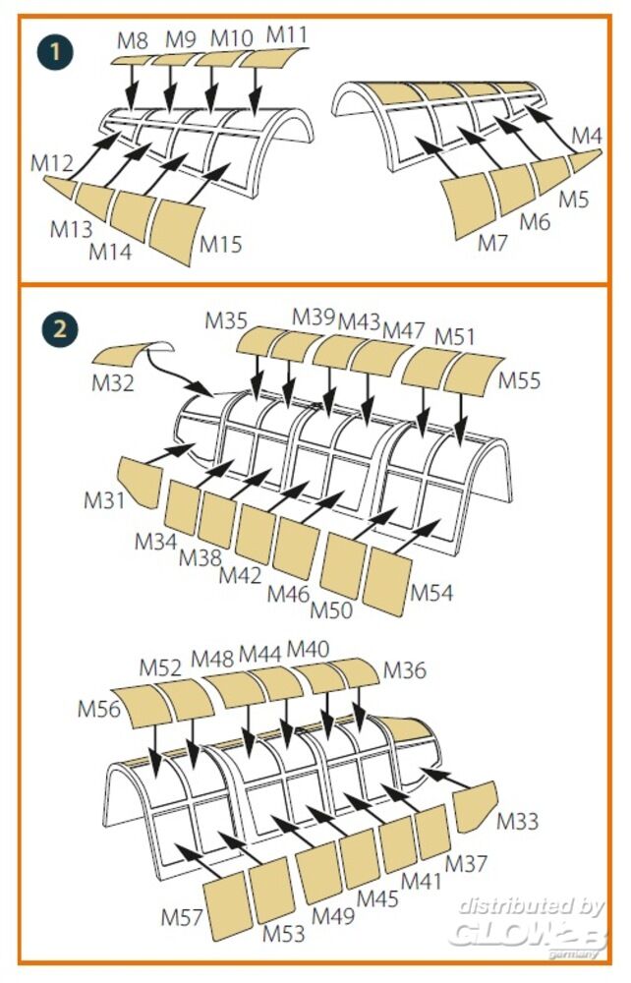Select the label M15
(x=221, y=244)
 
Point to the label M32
(x=113, y=382)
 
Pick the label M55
(x=520, y=380)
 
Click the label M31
(x=104, y=500)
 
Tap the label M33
(x=518, y=821)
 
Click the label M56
(x=99, y=709)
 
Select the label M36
(x=406, y=670)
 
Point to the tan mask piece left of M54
(x=387, y=581)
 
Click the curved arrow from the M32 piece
(x=186, y=377)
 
